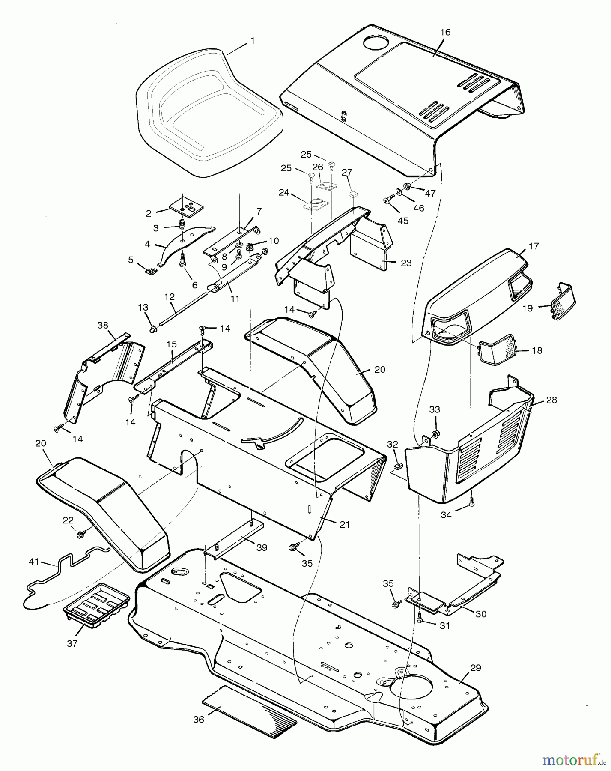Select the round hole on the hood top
point(375,42)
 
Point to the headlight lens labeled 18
point(497,347)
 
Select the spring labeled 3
point(182,224)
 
